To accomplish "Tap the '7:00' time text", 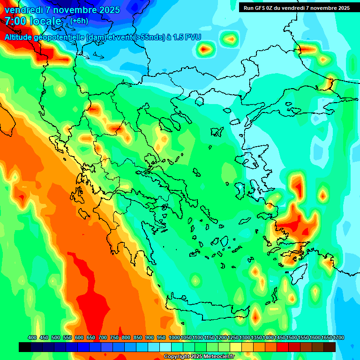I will point(15,21).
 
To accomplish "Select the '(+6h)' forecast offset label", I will point(79,21).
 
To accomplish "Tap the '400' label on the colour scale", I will point(32,338).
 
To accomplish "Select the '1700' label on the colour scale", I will point(327,338).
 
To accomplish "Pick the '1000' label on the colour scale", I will point(174,338).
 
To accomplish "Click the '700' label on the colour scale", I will point(103,338).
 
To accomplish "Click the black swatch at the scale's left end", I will point(25,347).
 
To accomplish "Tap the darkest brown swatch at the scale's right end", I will point(330,347).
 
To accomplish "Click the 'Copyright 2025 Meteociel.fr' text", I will point(199,356).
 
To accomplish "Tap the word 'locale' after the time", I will point(45,21).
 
